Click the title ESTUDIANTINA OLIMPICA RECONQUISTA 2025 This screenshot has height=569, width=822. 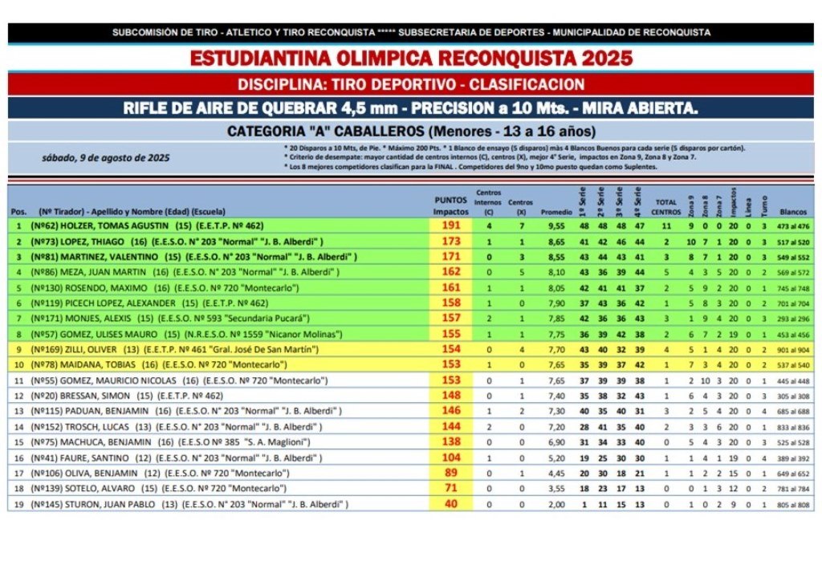(411, 59)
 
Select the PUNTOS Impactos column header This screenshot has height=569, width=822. (451, 205)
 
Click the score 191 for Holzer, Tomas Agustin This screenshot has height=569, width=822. (451, 226)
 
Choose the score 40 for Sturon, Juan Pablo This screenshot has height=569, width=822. (451, 505)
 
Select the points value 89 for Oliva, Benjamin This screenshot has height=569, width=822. (451, 473)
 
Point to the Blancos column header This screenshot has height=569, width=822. (792, 211)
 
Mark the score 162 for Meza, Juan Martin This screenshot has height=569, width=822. (451, 273)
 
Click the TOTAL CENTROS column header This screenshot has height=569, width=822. (666, 206)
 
